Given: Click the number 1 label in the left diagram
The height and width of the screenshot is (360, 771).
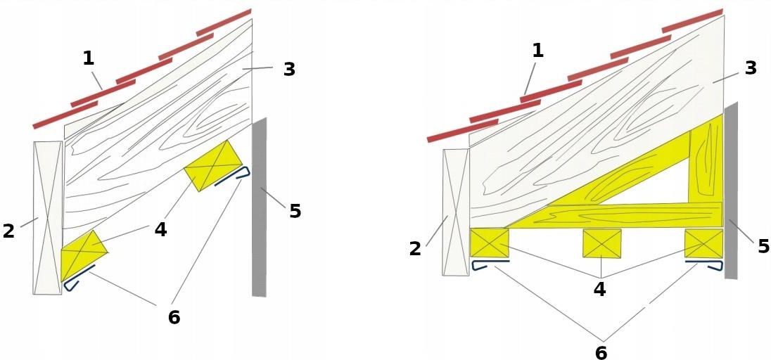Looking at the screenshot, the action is [x=89, y=58].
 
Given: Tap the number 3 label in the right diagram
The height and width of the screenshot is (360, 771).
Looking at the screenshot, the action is [x=751, y=68].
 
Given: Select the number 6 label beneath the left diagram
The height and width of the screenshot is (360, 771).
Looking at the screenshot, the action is [x=174, y=318].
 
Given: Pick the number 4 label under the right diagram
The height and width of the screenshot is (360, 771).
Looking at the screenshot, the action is [x=599, y=289].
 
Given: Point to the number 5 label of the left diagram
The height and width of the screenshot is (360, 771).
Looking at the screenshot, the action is [x=295, y=211].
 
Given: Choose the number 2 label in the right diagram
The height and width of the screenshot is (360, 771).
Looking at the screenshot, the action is [x=415, y=249].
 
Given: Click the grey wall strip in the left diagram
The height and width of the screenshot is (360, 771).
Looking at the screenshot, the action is [x=259, y=207].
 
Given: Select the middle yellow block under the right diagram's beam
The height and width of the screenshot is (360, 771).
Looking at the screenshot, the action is [x=602, y=243].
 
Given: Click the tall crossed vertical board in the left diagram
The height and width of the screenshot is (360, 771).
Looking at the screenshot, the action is [x=48, y=218].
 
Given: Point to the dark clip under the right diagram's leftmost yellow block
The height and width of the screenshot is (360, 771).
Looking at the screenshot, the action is [x=491, y=265].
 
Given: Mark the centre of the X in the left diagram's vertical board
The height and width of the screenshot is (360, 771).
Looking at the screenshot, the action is [x=48, y=218].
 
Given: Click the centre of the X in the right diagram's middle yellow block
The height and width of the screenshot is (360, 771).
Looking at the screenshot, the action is [x=602, y=243].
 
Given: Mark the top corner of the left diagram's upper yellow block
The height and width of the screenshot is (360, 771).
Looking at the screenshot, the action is [x=227, y=140].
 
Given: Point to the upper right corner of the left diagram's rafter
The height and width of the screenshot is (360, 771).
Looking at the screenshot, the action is [x=253, y=19].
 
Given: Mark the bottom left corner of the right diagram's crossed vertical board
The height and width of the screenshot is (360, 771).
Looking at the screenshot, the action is [x=442, y=275].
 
